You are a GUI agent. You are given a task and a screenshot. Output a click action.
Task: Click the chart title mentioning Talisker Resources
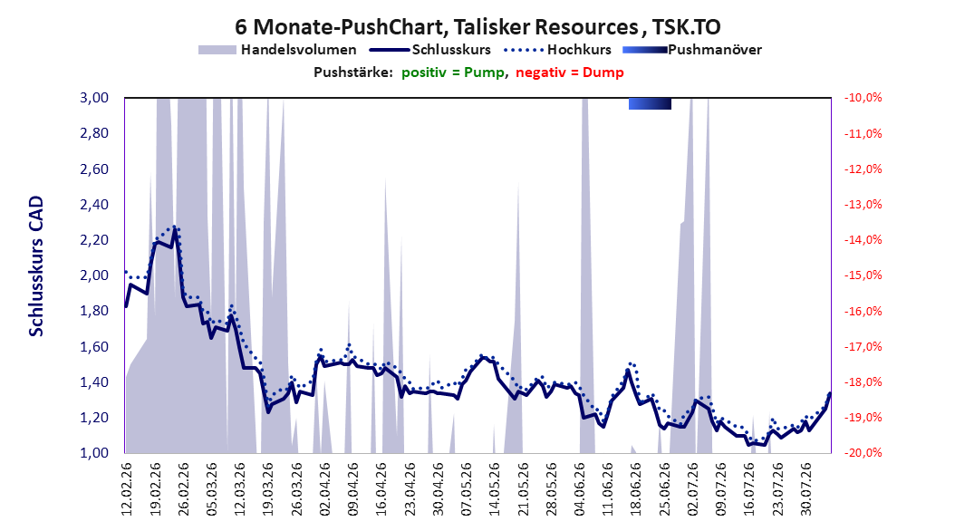[x=477, y=27]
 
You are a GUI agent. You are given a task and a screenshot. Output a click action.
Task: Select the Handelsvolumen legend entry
[x=277, y=50]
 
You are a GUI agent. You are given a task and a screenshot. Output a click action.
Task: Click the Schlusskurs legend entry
[x=430, y=50]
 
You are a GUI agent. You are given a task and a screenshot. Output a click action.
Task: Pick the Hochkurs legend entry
[x=558, y=50]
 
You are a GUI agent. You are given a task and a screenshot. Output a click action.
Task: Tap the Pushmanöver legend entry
[x=692, y=50]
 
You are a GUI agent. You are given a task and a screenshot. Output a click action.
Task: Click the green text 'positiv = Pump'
[x=452, y=72]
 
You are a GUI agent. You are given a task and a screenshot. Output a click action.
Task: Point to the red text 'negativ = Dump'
[x=570, y=72]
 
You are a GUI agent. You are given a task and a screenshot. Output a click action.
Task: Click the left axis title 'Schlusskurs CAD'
[x=36, y=266]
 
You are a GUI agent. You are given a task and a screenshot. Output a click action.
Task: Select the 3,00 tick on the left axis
[x=94, y=98]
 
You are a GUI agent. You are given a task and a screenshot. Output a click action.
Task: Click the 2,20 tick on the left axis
[x=94, y=240]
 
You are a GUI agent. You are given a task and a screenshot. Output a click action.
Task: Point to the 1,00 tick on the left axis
[x=94, y=453]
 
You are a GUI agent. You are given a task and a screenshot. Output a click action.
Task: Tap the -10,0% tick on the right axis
[x=863, y=98]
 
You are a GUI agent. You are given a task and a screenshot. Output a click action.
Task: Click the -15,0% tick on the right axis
[x=863, y=275]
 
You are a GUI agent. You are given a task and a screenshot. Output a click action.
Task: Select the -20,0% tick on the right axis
[x=863, y=453]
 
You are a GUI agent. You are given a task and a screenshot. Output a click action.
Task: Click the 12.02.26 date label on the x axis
[x=127, y=489]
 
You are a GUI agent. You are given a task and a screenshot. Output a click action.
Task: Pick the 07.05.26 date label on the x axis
[x=467, y=489]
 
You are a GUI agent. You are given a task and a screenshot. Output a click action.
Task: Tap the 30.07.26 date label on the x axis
[x=806, y=489]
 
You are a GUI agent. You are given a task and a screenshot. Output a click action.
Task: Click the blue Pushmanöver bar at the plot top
[x=650, y=104]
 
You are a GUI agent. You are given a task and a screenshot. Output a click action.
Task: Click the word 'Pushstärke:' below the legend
[x=353, y=72]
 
